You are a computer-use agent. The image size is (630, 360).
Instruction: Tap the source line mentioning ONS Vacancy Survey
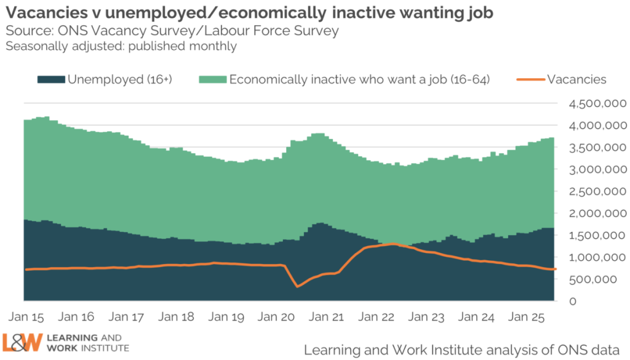click(x=172, y=31)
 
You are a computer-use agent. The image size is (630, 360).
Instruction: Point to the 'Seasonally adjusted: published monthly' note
click(x=121, y=46)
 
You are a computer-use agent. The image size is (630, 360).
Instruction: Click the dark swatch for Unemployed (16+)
click(x=51, y=79)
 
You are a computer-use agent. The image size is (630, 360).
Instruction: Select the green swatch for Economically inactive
click(x=212, y=79)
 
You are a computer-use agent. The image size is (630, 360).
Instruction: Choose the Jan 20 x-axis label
click(x=276, y=318)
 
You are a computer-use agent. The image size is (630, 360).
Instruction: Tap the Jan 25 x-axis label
click(x=525, y=318)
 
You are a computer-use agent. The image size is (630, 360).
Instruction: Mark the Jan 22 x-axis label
click(x=375, y=318)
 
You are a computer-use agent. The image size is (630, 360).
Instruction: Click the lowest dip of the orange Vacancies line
click(x=298, y=286)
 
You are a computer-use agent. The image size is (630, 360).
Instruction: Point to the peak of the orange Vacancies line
click(x=393, y=244)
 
